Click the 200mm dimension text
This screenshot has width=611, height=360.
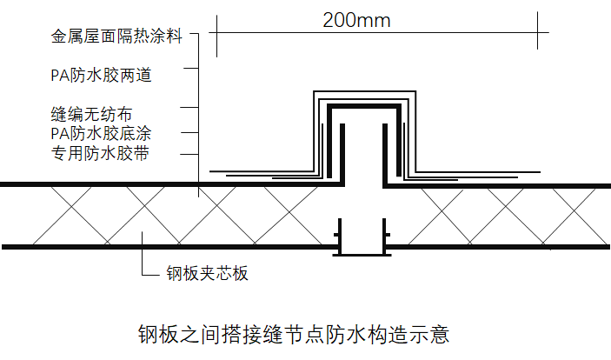pos(356,20)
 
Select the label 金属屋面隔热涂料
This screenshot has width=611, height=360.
pos(116,37)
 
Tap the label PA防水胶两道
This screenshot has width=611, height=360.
pos(101,76)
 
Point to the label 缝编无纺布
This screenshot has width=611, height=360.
pos(91,114)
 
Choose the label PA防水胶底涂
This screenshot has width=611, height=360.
pos(101,133)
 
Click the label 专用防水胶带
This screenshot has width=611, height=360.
pos(100,153)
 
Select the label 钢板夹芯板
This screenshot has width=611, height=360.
pos(207,273)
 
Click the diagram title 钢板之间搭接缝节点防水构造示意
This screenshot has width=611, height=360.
pos(294,334)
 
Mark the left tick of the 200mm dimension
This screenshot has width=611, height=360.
pos(216,36)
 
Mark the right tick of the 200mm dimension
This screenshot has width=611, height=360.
pos(537,30)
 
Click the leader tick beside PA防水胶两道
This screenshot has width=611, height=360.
pos(191,68)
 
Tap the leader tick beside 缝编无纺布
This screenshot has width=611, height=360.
pos(189,107)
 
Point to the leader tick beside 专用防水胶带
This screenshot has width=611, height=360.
pos(189,154)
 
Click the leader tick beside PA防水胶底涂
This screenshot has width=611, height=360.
pos(189,133)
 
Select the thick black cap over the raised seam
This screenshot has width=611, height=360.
pos(364,106)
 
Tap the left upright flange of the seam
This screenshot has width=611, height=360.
pos(342,154)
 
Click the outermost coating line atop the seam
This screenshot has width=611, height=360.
pos(365,91)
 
